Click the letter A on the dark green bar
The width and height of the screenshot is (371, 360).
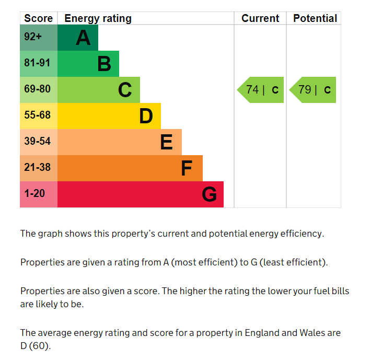tap(83, 38)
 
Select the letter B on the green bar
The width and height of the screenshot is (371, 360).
tap(104, 64)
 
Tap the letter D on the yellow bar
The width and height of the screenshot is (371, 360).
tap(146, 116)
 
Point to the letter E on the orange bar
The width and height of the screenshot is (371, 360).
tap(166, 142)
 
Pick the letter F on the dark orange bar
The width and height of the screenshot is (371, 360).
tap(187, 168)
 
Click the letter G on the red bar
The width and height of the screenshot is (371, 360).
tap(209, 194)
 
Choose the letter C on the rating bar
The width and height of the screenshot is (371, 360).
tap(125, 90)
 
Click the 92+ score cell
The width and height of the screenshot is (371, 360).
tap(33, 38)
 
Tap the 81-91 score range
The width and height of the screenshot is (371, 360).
tap(37, 63)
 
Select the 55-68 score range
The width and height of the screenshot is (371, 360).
tap(37, 115)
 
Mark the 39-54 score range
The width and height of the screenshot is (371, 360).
tap(37, 141)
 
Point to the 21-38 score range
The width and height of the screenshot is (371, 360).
tap(37, 167)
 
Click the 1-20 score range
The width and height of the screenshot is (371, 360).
tap(34, 193)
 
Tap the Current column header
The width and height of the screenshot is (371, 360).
tap(260, 18)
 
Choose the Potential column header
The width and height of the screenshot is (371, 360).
tap(315, 18)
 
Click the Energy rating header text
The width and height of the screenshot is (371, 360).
tap(98, 19)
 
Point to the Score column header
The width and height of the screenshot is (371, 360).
tap(38, 18)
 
